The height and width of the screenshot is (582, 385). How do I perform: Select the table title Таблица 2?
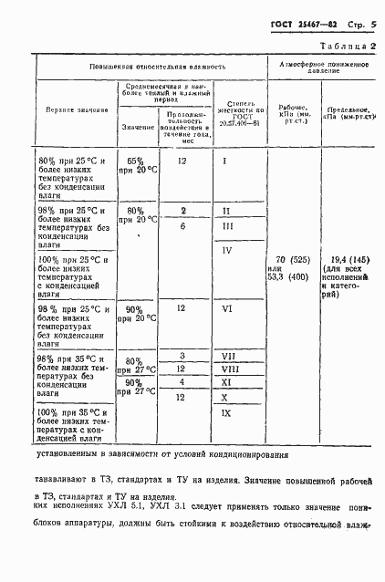pyautogui.click(x=346, y=44)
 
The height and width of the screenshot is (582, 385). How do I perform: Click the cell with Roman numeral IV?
pyautogui.click(x=227, y=251)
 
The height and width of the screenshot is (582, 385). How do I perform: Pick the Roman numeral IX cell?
pyautogui.click(x=228, y=412)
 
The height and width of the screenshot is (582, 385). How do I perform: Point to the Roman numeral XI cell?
pyautogui.click(x=228, y=382)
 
